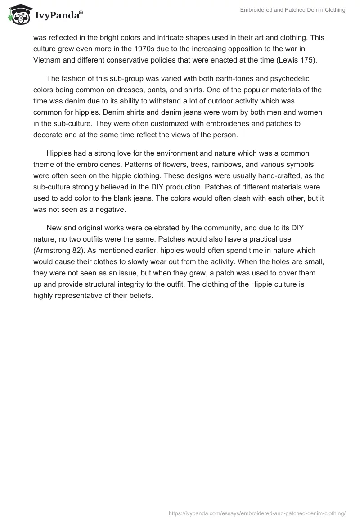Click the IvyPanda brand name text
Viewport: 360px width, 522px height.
click(x=58, y=16)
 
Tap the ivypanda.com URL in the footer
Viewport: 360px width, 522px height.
click(x=256, y=513)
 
